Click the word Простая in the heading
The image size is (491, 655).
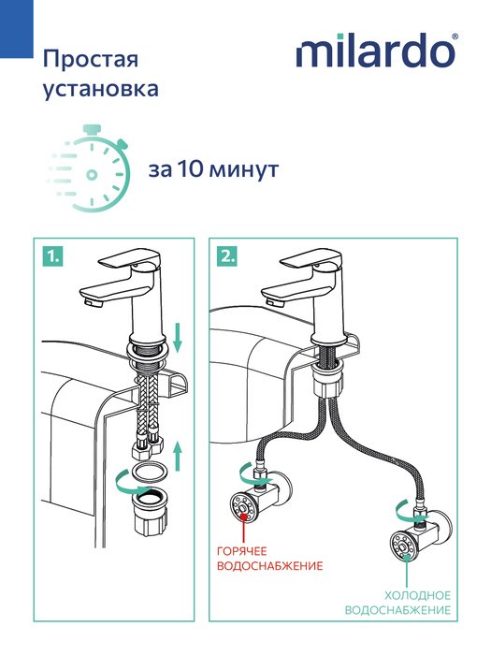[x=91, y=59]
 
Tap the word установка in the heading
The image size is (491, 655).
[x=101, y=89]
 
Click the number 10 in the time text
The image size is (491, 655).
[x=190, y=169]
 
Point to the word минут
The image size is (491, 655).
[x=243, y=170]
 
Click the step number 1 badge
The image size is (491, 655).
[x=52, y=255]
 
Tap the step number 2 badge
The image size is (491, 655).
[x=227, y=255]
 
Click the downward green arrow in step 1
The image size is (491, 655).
[x=178, y=337]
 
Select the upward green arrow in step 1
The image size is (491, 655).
[x=178, y=456]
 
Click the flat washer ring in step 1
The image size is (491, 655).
[x=150, y=471]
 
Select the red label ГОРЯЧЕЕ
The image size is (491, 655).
[x=241, y=551]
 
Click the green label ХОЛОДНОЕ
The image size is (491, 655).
[x=417, y=595]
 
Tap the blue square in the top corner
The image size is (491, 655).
[x=16, y=29]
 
